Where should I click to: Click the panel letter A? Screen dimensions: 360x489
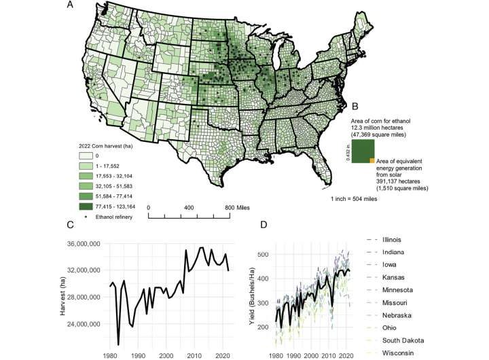tap(70, 5)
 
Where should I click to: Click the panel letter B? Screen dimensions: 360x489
tap(353, 107)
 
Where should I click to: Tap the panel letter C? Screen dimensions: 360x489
tap(70, 226)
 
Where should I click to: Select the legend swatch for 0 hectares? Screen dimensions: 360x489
tap(84, 156)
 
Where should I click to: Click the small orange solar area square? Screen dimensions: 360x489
tap(372, 160)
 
